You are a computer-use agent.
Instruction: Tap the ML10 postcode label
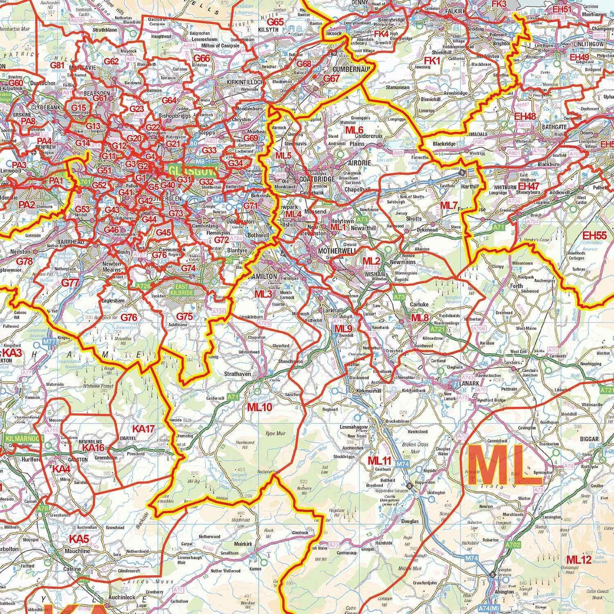(x=259, y=408)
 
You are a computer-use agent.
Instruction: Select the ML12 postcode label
(x=579, y=560)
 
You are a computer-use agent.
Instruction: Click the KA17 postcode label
(x=143, y=429)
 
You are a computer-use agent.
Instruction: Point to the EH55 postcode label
(x=594, y=235)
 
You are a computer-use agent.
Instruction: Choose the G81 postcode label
(x=58, y=65)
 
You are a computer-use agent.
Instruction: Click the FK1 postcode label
(x=431, y=61)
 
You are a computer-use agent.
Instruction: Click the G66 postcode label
(x=201, y=59)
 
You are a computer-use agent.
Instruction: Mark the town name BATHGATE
(x=554, y=127)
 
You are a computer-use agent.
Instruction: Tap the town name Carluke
(x=419, y=305)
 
